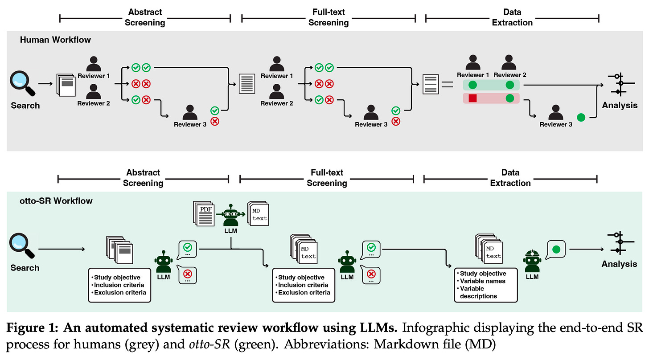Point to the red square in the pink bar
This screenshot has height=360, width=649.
coord(473,98)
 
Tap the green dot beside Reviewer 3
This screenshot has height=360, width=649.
coord(581,118)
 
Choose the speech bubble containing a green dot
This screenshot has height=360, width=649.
coord(555,250)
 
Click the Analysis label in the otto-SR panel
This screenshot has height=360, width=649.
coord(619,264)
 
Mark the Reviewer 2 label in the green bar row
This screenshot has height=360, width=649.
coord(510,75)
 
